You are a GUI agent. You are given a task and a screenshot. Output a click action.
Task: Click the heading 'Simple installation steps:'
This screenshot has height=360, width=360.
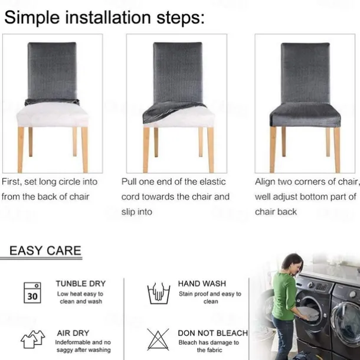(104, 18)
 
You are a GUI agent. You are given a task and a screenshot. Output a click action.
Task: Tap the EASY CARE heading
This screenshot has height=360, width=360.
(45, 250)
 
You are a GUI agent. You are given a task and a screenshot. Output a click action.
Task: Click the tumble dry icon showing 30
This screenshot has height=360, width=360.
(32, 293)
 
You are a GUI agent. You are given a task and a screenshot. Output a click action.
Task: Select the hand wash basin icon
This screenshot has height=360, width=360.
(158, 293)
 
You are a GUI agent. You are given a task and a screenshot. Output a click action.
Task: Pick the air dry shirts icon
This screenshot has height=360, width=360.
(32, 339)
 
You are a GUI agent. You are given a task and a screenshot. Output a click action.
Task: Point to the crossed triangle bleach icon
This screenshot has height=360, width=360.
(158, 339)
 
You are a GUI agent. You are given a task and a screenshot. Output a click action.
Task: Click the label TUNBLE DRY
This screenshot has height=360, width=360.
(81, 283)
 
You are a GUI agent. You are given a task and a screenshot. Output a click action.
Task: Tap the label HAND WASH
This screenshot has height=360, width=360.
(202, 283)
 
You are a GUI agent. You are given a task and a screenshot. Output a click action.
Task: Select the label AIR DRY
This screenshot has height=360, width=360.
(73, 333)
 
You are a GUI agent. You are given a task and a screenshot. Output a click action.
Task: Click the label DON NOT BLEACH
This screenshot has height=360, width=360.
(213, 333)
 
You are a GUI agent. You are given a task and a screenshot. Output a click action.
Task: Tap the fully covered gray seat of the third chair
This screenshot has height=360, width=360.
(305, 115)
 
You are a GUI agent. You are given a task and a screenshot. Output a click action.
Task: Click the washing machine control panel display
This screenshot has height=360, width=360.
(321, 287)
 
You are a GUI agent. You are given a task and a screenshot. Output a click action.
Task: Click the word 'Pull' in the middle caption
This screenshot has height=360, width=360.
(129, 182)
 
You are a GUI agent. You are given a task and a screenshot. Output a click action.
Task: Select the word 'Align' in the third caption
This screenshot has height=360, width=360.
(265, 182)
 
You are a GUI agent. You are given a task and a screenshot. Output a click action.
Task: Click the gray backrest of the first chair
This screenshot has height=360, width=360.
(52, 71)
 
